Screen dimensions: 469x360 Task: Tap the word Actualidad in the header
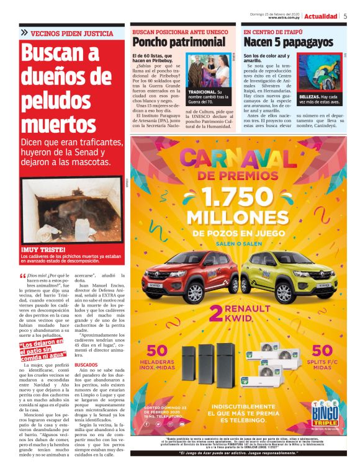(322, 16)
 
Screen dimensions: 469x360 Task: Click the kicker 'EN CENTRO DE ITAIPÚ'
(273, 31)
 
